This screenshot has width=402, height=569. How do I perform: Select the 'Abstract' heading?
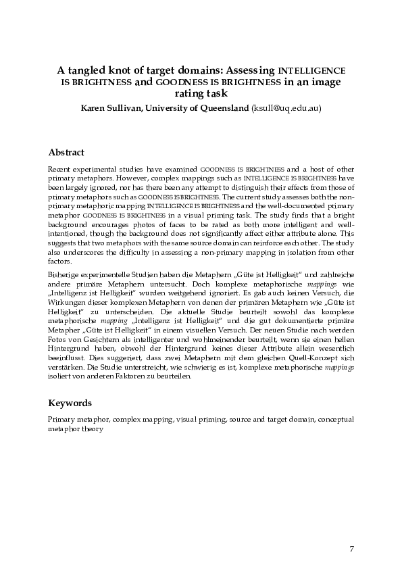(x=66, y=153)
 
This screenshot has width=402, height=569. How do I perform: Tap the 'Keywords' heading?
(x=70, y=403)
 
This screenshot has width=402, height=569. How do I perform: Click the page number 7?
(x=351, y=547)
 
